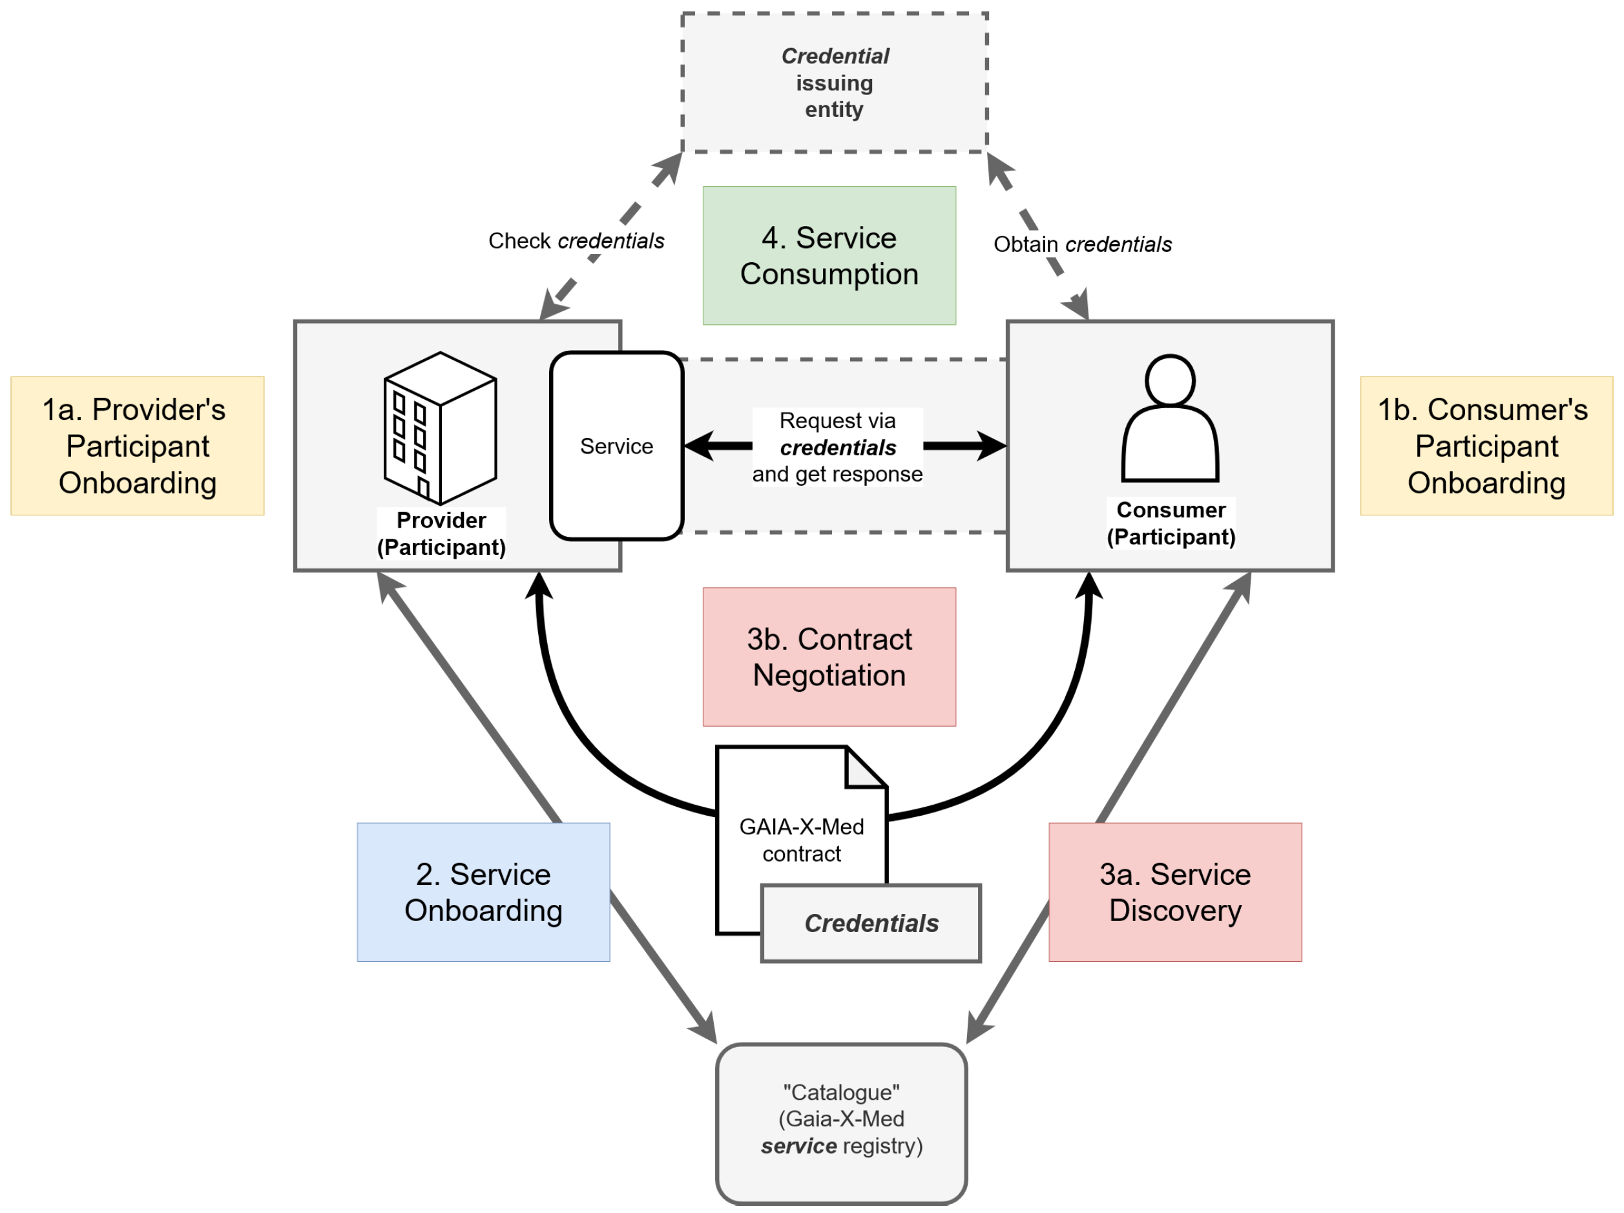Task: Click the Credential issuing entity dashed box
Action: [834, 82]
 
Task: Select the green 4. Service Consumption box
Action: [829, 256]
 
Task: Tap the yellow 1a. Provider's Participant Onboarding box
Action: [138, 446]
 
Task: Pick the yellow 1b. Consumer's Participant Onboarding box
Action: [1486, 446]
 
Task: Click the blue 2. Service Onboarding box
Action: [483, 891]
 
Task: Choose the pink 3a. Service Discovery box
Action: [1174, 891]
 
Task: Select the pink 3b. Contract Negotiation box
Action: [829, 656]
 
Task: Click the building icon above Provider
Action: [440, 428]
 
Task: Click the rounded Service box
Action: [616, 446]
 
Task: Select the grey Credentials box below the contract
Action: [871, 923]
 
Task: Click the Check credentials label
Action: [576, 241]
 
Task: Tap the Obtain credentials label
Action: [1082, 245]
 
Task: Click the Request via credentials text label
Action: [837, 447]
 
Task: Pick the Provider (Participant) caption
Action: [441, 534]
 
